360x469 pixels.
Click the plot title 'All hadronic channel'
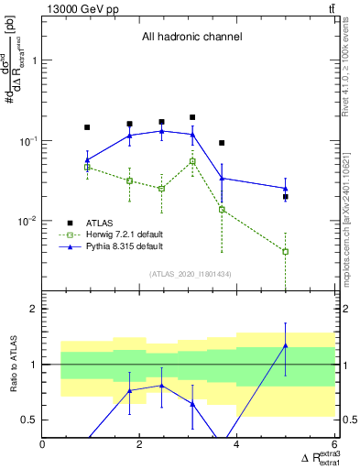(191, 37)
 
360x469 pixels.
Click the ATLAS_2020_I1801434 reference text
(189, 273)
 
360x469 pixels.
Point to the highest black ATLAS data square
(192, 117)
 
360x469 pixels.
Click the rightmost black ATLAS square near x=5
(286, 197)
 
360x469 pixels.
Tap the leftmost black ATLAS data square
(87, 127)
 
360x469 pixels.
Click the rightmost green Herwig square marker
(286, 251)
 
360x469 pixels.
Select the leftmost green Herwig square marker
(87, 168)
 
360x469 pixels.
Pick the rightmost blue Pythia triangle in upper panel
(286, 189)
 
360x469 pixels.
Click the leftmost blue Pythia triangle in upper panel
(87, 160)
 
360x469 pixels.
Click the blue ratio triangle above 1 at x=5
(286, 345)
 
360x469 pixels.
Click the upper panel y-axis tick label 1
(34, 60)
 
